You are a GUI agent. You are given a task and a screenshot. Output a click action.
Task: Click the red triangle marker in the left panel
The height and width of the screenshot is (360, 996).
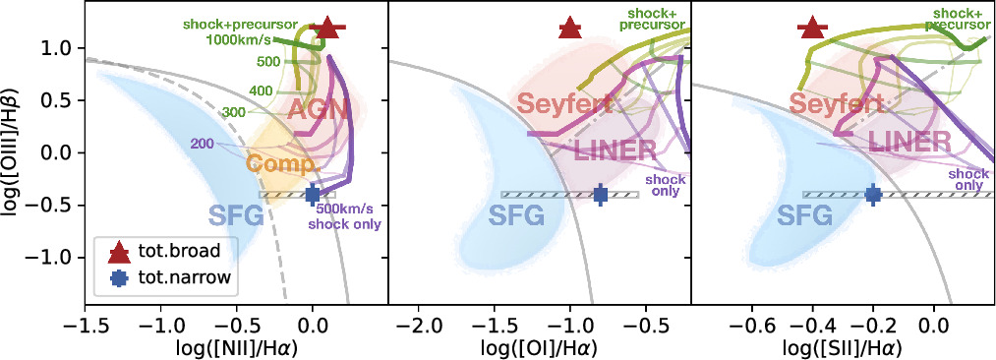click(328, 29)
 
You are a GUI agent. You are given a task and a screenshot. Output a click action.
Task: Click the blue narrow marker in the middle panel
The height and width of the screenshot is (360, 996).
click(601, 194)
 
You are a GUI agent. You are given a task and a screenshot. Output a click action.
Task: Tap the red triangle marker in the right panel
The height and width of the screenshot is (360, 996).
click(812, 29)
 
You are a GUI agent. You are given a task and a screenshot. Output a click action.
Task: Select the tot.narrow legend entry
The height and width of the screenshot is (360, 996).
click(166, 277)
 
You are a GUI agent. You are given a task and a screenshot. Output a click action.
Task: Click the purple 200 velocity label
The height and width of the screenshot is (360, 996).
click(204, 144)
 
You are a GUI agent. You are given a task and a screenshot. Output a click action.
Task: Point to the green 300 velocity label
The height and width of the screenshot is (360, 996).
click(232, 113)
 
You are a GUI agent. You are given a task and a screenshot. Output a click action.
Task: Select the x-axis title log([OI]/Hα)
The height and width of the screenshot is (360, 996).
click(540, 346)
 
